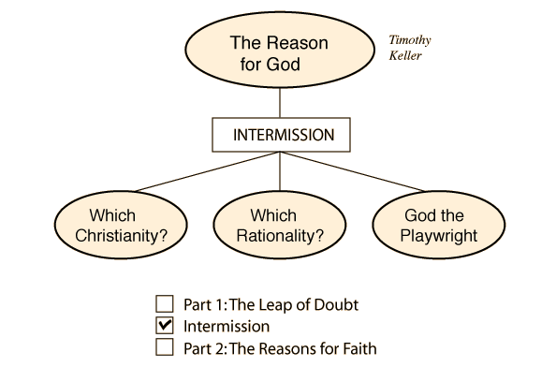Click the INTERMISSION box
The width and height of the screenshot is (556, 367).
[281, 135]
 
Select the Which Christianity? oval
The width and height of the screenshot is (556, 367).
[121, 225]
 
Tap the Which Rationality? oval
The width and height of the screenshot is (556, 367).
[280, 225]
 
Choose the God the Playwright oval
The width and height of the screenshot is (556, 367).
[439, 225]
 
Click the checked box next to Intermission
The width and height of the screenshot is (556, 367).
[165, 326]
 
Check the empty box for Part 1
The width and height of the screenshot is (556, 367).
[165, 304]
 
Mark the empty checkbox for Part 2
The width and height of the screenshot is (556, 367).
[165, 346]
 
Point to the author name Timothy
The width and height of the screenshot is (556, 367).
[410, 40]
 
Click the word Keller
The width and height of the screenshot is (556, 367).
[405, 55]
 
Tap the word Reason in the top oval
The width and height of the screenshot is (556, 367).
[299, 43]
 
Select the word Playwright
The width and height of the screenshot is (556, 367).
[439, 236]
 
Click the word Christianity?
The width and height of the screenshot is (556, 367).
[122, 236]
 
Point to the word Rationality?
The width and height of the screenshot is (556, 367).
[280, 236]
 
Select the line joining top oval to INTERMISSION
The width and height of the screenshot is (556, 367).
[280, 102]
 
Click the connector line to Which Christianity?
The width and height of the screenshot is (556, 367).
[208, 171]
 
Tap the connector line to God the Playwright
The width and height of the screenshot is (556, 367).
[352, 171]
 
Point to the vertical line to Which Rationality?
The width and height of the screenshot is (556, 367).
[280, 171]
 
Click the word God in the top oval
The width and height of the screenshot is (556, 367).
[283, 65]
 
